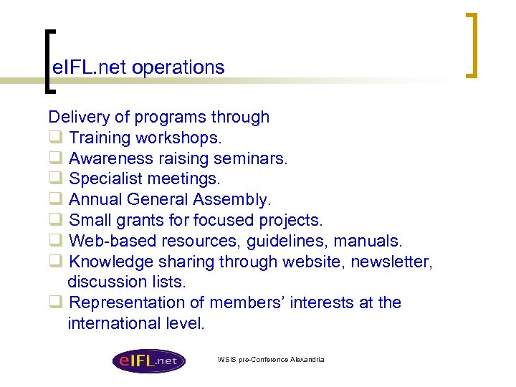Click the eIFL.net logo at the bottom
pyautogui.click(x=148, y=360)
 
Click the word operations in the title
pyautogui.click(x=178, y=67)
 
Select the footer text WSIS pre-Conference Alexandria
pyautogui.click(x=271, y=359)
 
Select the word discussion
pyautogui.click(x=105, y=282)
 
